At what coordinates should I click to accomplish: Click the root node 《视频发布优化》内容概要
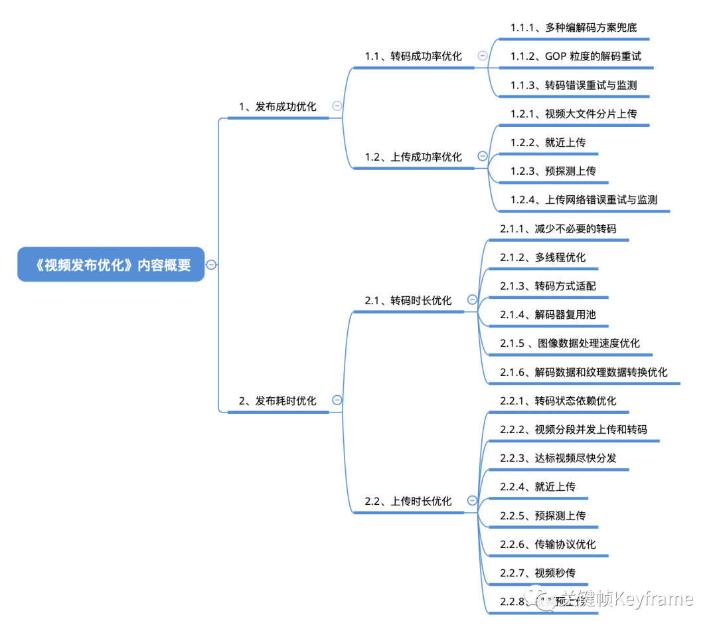coord(111,265)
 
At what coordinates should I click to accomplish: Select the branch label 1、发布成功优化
coord(278,106)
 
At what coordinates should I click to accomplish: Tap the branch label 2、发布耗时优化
coord(278,401)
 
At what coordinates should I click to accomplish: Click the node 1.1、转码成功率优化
coord(413,56)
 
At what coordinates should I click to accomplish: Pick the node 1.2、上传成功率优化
coord(413,157)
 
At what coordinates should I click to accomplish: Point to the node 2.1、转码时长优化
coord(408,300)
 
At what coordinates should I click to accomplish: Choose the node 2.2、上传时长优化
coord(408,501)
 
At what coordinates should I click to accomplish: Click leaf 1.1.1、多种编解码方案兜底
coord(574,28)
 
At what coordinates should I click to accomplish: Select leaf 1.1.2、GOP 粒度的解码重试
coord(576,56)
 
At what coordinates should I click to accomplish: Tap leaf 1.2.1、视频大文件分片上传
coord(574,114)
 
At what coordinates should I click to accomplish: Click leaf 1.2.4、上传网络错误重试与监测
coord(584,199)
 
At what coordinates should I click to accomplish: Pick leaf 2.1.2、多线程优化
coord(542,257)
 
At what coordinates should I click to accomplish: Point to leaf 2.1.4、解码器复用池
coord(548,314)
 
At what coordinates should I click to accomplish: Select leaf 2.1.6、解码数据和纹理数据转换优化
coord(584,372)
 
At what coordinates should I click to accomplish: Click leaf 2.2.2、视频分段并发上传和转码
coord(574,429)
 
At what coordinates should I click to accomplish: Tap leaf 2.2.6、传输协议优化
coord(548,544)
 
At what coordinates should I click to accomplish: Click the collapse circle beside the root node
coord(211,264)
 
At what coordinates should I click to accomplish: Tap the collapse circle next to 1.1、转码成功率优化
coord(483,56)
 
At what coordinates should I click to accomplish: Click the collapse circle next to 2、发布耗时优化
coord(337,400)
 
